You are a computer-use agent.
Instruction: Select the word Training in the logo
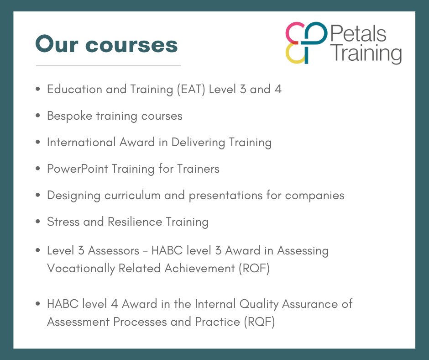365,54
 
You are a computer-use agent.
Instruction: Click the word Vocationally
78,268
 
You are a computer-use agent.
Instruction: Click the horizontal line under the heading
108,66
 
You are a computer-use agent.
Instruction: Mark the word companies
314,195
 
